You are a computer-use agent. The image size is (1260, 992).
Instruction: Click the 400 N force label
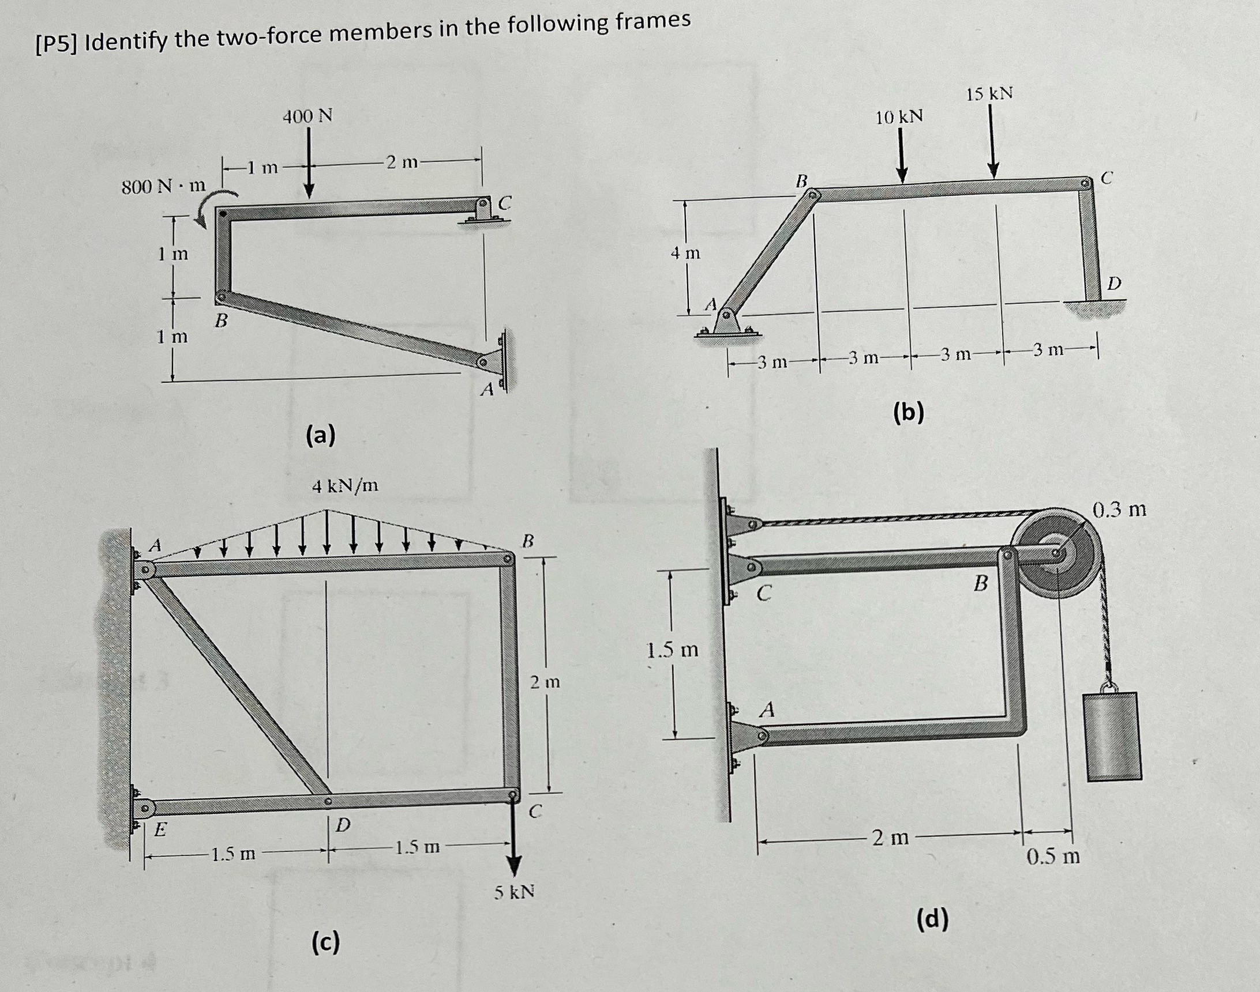(x=307, y=117)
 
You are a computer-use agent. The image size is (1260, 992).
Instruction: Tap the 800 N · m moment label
(x=163, y=187)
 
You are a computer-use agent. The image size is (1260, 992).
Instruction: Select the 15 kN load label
(x=989, y=93)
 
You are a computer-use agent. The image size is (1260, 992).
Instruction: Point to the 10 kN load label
(x=899, y=118)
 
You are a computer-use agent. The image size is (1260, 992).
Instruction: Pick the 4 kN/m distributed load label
(x=344, y=485)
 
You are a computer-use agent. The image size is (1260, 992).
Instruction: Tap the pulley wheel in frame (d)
(x=1057, y=552)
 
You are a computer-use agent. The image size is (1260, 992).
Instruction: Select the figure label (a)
(x=321, y=435)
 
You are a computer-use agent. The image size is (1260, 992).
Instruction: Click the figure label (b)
(x=909, y=411)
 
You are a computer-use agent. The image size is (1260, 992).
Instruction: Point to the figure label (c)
(x=325, y=941)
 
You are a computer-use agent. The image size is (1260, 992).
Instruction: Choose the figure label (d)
(x=932, y=919)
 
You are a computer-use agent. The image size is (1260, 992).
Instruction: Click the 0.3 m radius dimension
(x=1119, y=510)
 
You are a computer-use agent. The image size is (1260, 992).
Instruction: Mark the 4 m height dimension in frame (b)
(x=686, y=253)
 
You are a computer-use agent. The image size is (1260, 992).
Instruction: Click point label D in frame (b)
(x=1113, y=284)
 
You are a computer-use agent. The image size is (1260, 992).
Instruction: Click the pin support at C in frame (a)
(x=483, y=210)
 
